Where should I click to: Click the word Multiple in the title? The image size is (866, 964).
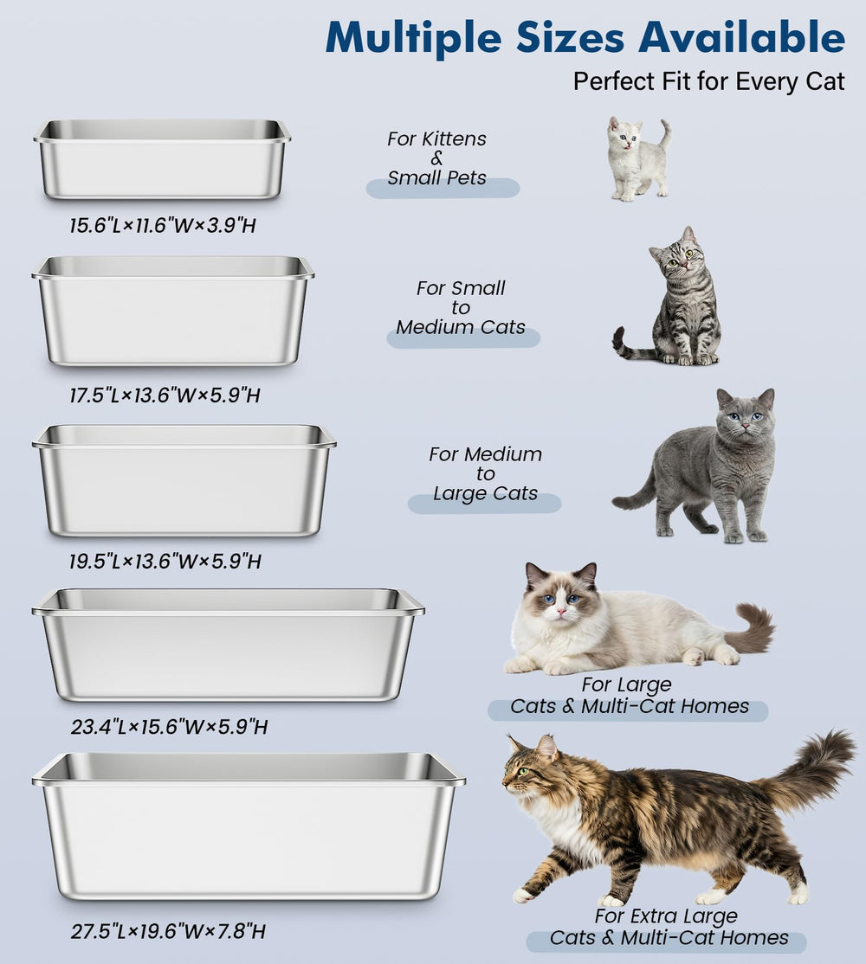(x=414, y=37)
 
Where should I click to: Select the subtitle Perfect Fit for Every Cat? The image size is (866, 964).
(x=708, y=82)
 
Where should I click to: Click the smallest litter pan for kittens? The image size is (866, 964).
(x=162, y=160)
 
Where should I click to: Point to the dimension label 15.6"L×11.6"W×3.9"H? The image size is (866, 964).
(x=163, y=226)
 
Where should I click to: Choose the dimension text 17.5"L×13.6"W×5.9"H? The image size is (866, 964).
(x=165, y=395)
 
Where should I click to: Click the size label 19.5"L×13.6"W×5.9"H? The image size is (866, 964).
(x=165, y=561)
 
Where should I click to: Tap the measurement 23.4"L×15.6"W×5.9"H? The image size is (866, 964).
(x=169, y=726)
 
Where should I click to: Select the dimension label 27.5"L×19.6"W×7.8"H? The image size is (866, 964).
(x=168, y=931)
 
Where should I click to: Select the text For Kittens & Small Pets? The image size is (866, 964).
(x=436, y=158)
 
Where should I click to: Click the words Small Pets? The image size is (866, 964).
(x=436, y=178)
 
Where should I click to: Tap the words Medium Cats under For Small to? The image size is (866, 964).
(x=461, y=327)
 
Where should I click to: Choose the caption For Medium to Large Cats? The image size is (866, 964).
(x=485, y=473)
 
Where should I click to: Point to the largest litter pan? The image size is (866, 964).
(x=249, y=826)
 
